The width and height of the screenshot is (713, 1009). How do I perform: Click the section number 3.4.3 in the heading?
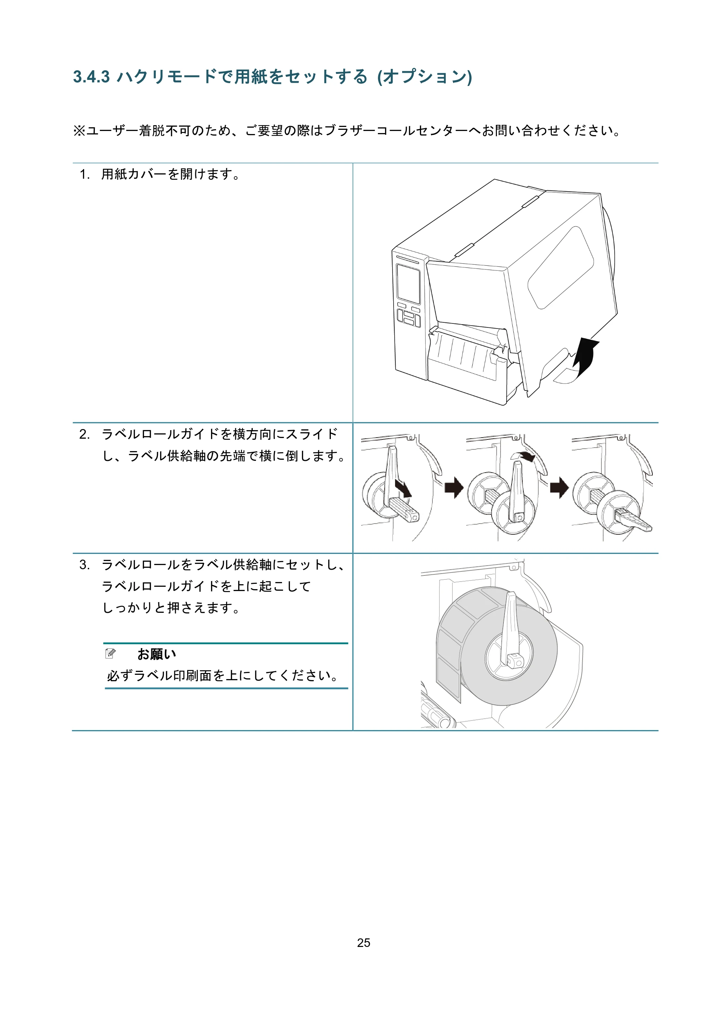coord(91,77)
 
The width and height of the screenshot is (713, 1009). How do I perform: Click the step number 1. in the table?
coord(84,174)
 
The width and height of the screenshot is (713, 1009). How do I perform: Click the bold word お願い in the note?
coord(157,654)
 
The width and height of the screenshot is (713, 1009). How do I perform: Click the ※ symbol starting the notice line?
coord(79,131)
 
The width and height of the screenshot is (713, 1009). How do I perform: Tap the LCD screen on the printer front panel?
coord(408,284)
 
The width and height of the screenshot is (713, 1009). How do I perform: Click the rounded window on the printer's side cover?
coord(560,267)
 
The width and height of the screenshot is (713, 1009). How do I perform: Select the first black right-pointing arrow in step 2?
coord(454,488)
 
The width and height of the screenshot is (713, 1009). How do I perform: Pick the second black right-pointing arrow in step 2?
coord(559,488)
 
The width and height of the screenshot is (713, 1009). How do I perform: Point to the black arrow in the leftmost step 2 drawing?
coord(403,488)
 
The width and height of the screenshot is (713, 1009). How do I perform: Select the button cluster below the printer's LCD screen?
coord(409,316)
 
